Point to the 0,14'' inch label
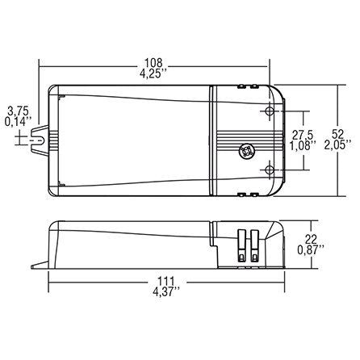(16, 122)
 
